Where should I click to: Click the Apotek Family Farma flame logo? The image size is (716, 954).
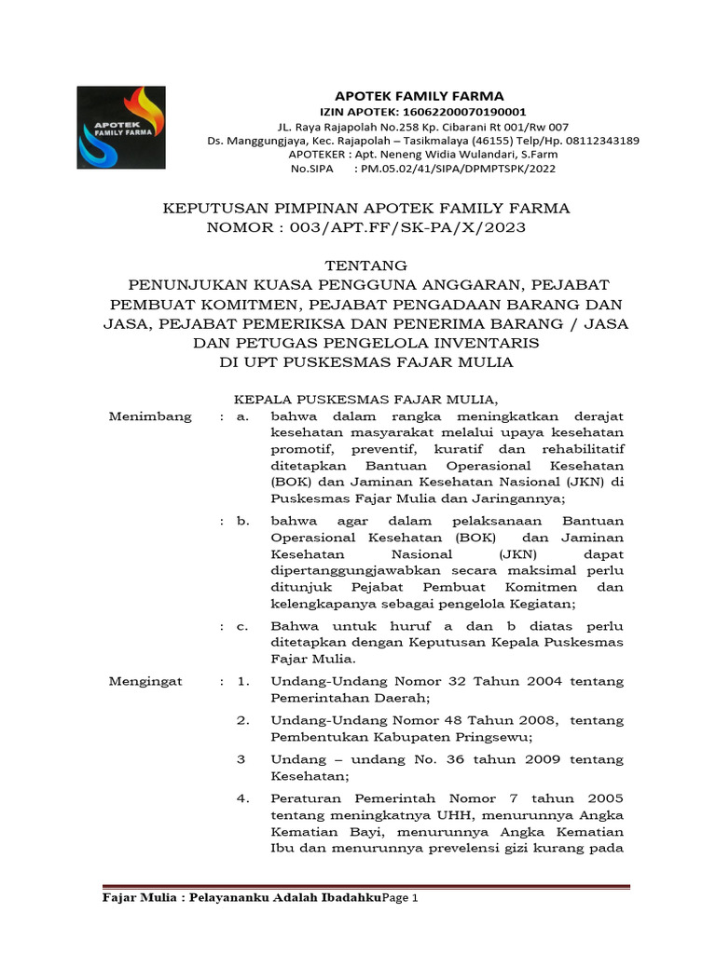121,127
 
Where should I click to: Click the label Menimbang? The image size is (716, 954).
150,416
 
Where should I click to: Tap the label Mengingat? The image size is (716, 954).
146,682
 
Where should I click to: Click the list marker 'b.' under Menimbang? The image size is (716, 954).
242,521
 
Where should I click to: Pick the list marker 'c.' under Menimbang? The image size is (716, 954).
242,627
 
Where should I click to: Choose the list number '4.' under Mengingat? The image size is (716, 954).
242,798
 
